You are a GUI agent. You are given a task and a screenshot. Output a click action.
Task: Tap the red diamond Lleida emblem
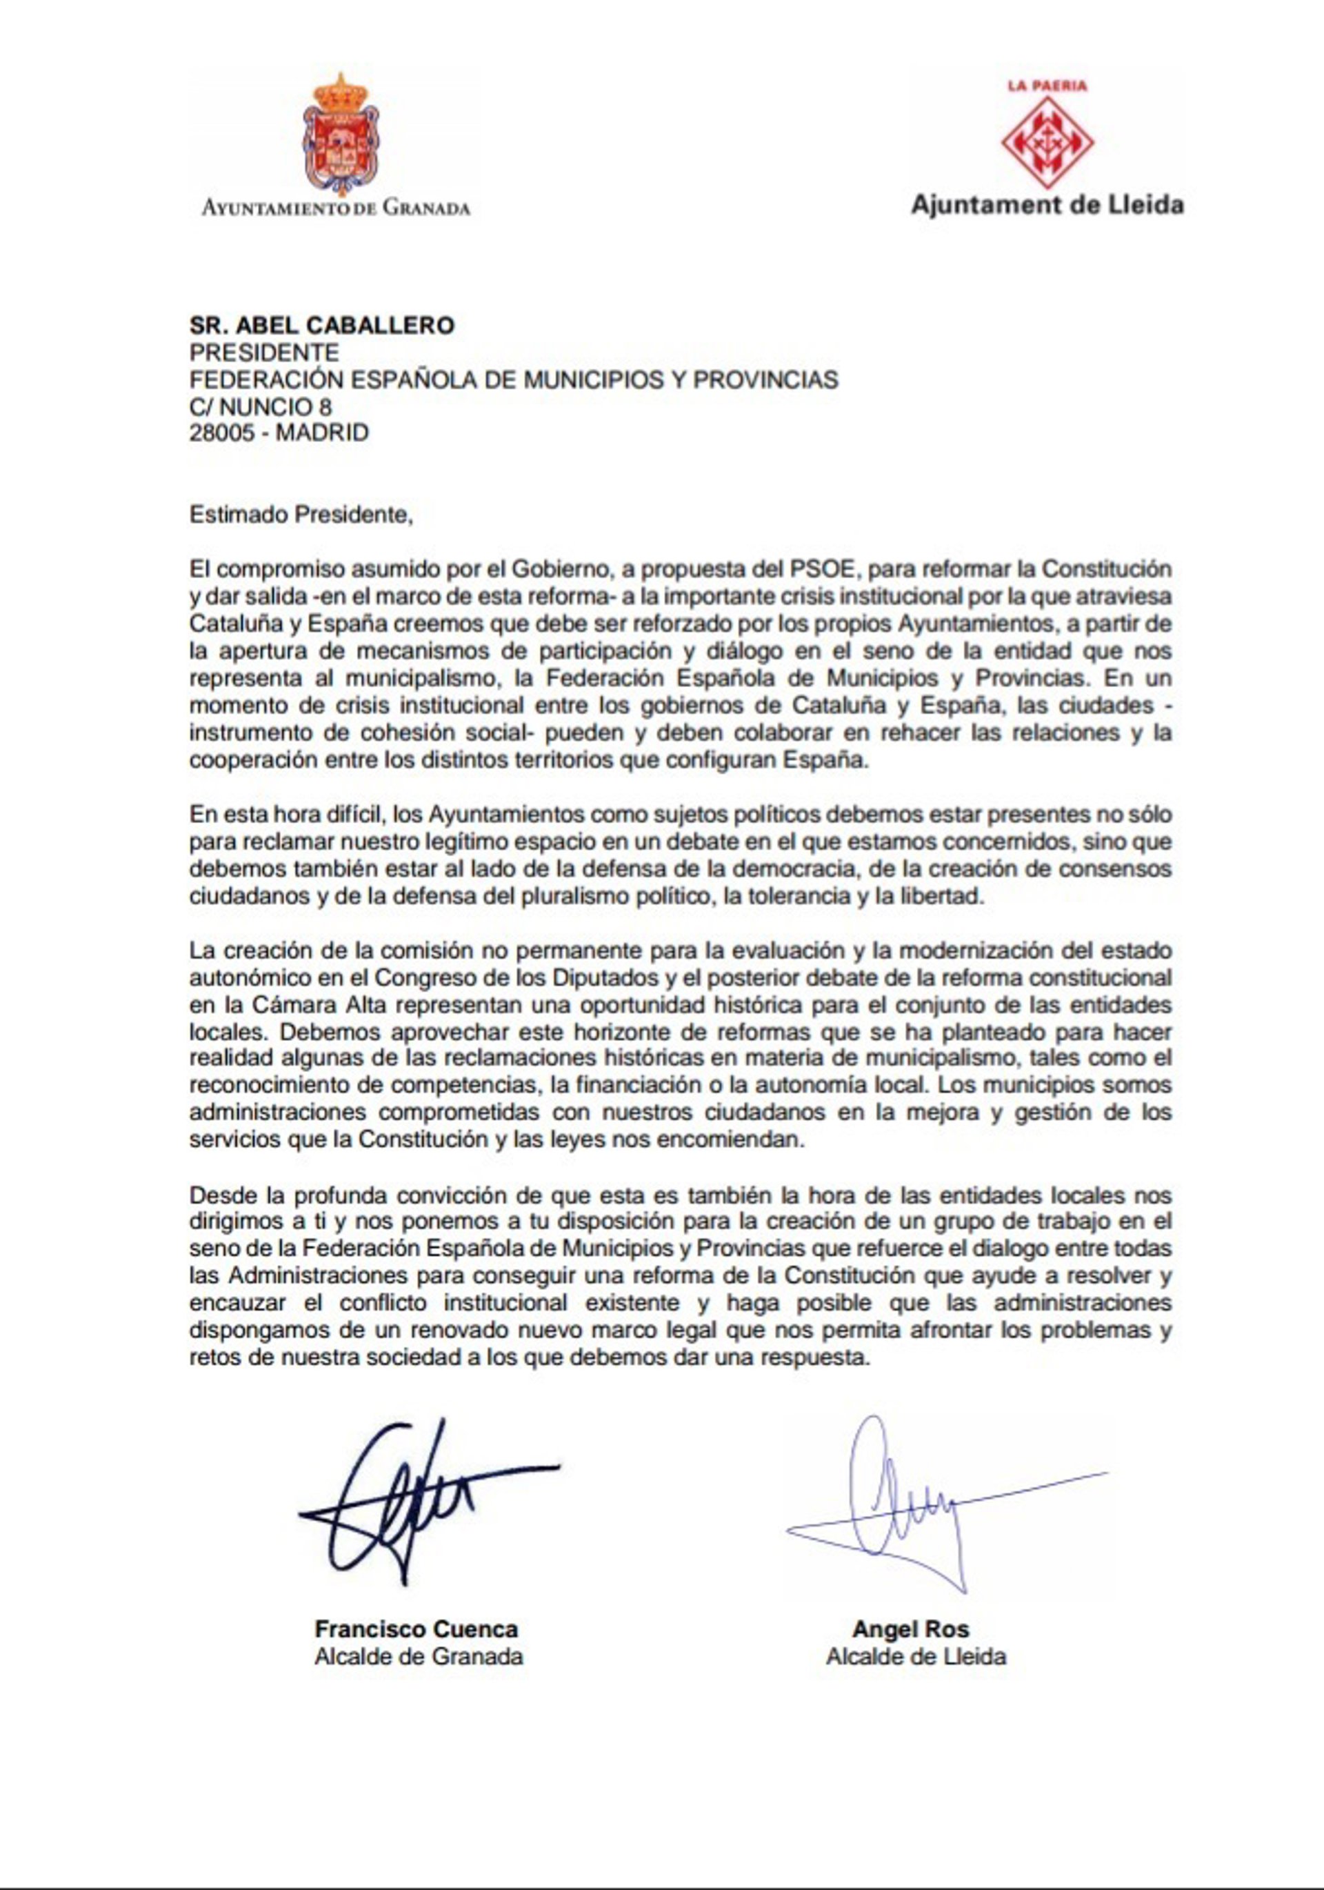click(1046, 142)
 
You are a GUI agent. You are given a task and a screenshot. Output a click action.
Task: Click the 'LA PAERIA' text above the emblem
click(1047, 85)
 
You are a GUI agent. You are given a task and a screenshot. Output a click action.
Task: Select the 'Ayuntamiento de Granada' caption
click(336, 208)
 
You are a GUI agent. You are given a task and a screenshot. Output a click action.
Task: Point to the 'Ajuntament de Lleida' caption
click(1047, 204)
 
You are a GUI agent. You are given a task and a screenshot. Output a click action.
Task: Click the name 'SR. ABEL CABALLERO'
click(322, 325)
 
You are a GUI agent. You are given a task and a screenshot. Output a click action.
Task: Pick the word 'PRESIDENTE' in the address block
click(264, 352)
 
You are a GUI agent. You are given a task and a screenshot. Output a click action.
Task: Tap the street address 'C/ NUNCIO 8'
click(261, 406)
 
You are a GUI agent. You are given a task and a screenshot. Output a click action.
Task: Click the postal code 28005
click(220, 432)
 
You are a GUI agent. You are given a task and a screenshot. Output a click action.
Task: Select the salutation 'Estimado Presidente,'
click(299, 515)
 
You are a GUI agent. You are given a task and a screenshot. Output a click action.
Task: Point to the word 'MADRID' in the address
click(322, 432)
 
